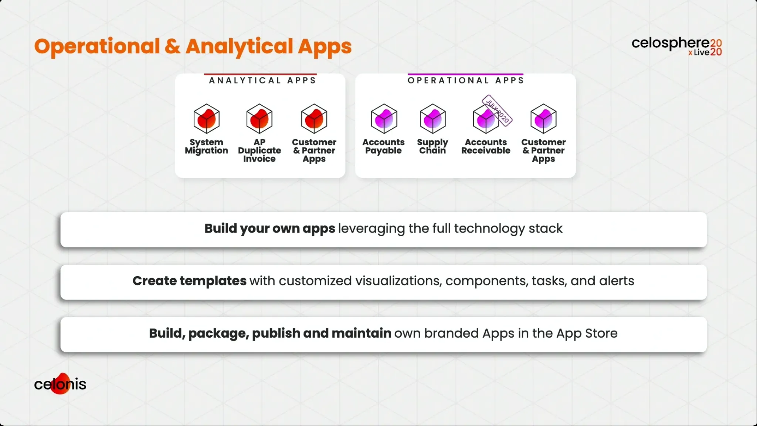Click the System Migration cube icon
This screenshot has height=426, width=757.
pos(207,119)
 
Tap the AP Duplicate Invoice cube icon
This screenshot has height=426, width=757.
pos(259,119)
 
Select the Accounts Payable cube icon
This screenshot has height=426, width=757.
pos(384,119)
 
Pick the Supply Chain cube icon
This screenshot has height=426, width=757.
pos(433,119)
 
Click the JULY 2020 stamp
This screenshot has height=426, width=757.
pos(497,110)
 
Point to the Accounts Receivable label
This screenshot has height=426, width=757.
pos(486,146)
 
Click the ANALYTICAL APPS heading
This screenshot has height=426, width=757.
pos(262,81)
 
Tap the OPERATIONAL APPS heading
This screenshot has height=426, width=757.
pos(466,81)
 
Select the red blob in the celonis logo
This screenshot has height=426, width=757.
pos(61,383)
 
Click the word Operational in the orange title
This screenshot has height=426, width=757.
pos(97,47)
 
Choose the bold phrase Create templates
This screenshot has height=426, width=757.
pos(189,281)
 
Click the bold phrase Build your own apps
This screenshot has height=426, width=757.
pos(270,229)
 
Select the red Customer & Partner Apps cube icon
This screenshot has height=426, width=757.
pos(314,119)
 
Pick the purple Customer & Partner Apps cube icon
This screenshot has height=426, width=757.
pos(543,119)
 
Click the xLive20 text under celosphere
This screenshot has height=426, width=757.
pos(705,53)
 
